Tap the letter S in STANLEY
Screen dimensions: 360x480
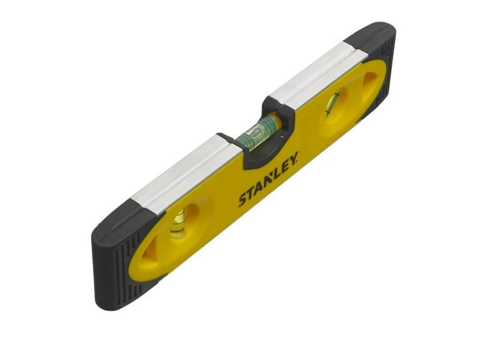243,200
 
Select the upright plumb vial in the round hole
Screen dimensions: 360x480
178,223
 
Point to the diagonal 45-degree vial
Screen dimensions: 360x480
334,102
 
